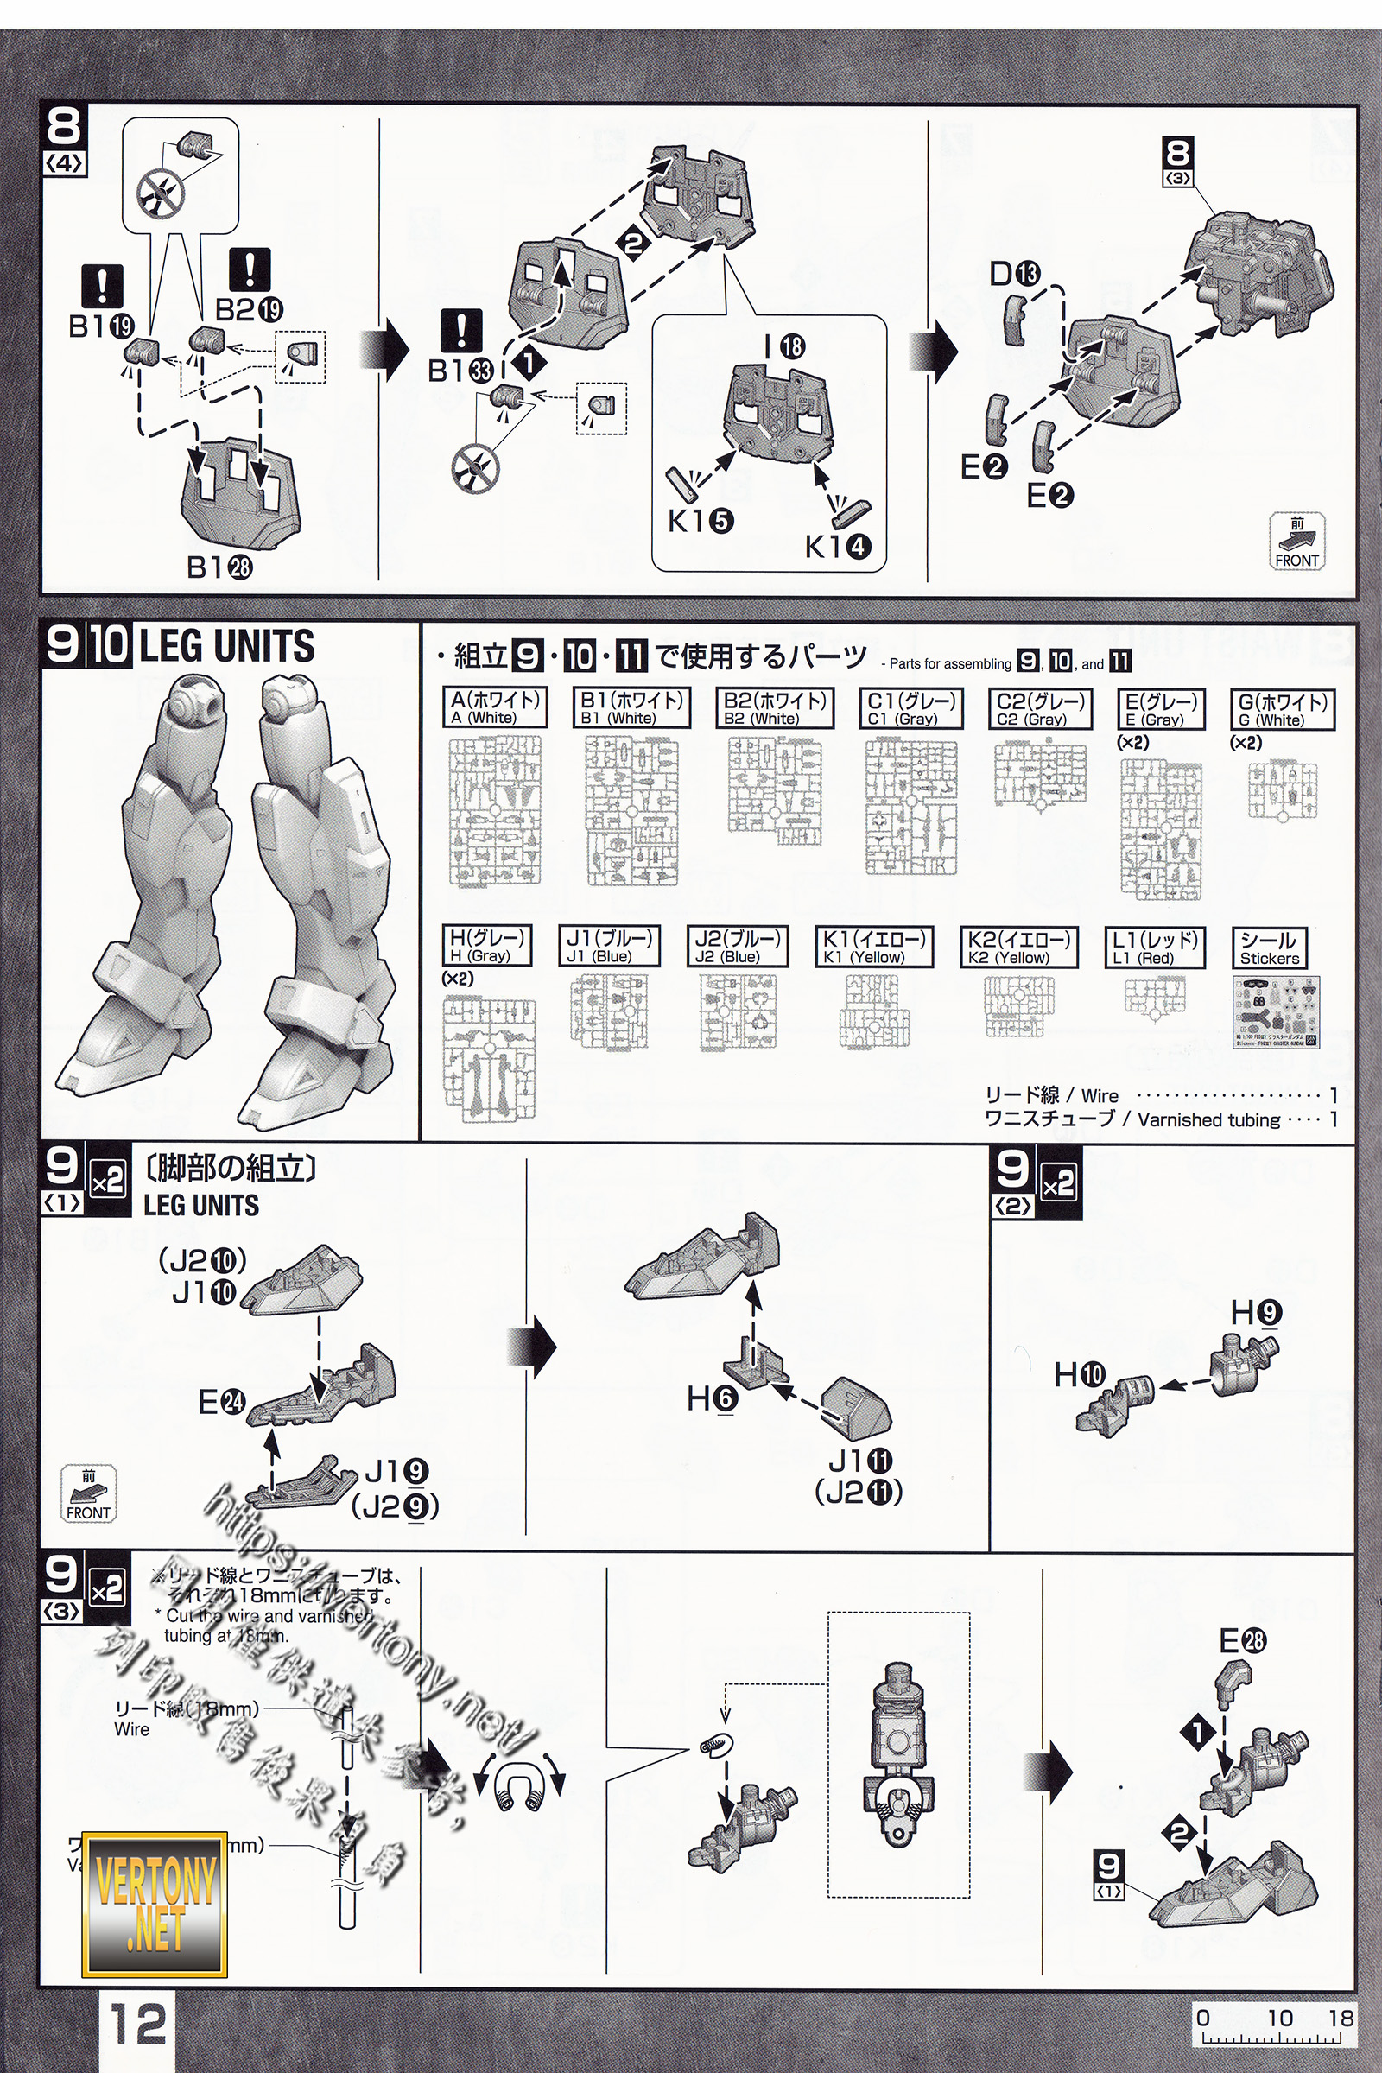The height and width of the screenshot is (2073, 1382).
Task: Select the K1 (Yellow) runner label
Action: [873, 947]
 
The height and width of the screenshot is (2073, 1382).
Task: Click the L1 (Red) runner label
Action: [1154, 947]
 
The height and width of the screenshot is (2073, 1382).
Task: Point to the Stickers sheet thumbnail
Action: [1276, 1011]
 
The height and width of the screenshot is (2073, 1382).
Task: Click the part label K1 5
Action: [700, 521]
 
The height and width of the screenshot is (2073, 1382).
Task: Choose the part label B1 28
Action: [219, 567]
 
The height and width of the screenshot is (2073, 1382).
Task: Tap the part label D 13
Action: [1014, 274]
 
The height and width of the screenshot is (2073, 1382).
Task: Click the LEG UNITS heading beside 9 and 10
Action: [226, 646]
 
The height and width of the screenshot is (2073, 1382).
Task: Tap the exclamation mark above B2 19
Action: [250, 269]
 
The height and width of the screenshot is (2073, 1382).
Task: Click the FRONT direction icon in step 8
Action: [1296, 542]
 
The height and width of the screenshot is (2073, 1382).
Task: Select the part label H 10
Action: [1080, 1373]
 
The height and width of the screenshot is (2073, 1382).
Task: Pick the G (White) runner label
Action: [1283, 708]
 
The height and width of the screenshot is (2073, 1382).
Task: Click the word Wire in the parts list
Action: [1099, 1095]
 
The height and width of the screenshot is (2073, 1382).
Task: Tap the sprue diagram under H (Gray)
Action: [489, 1061]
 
